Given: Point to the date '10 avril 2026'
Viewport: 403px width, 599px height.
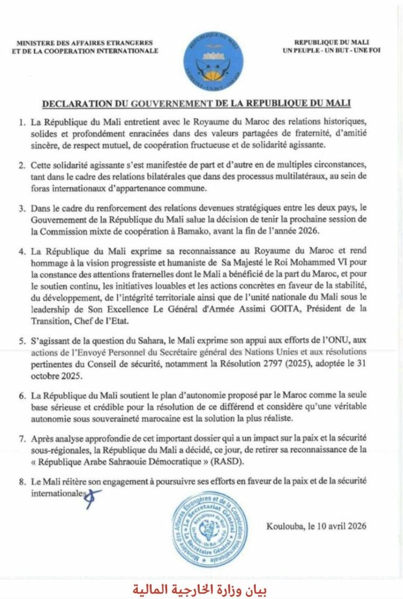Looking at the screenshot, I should click(x=340, y=526).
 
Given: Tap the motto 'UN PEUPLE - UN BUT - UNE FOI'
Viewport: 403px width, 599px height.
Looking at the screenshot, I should click(x=341, y=51).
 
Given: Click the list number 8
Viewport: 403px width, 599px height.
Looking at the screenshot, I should click(x=21, y=483).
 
